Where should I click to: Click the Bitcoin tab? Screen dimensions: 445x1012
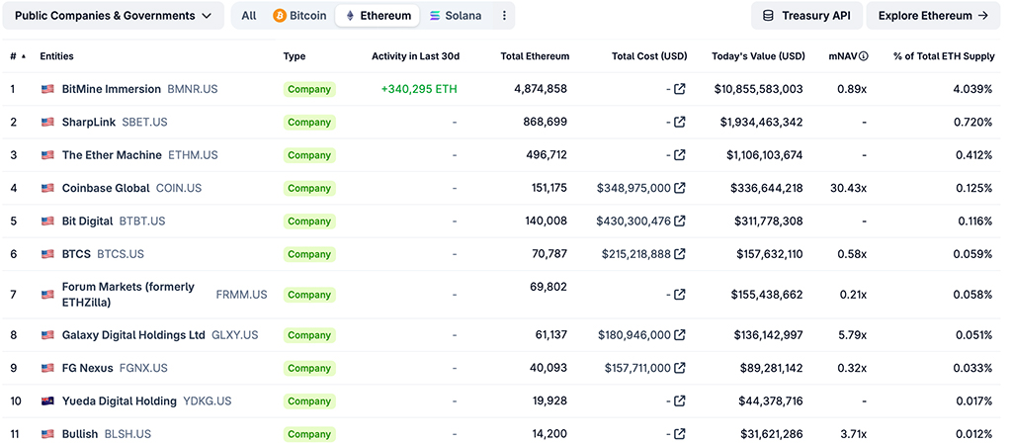(299, 16)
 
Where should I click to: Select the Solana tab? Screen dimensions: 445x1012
(456, 16)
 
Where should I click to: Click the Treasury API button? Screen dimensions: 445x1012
(806, 16)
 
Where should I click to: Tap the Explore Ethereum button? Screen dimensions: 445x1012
(933, 16)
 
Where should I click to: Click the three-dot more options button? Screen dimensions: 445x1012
(505, 16)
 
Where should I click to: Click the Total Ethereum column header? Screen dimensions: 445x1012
(535, 56)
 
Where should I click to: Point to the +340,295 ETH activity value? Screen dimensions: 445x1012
(419, 89)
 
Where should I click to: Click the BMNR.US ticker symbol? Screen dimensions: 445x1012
(193, 89)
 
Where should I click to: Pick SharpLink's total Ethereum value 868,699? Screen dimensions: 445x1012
(545, 123)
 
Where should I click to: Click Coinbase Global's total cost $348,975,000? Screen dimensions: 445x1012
(633, 188)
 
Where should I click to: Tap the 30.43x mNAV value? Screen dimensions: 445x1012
(849, 188)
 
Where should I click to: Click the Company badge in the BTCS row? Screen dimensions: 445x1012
(309, 254)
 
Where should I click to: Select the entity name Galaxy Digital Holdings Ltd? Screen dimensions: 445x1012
(133, 335)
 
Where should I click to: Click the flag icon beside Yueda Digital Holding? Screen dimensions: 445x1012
(47, 401)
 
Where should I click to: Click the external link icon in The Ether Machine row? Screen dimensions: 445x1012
(679, 155)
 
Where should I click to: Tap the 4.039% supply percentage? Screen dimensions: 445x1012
(970, 89)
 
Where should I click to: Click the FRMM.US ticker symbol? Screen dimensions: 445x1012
(241, 295)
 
